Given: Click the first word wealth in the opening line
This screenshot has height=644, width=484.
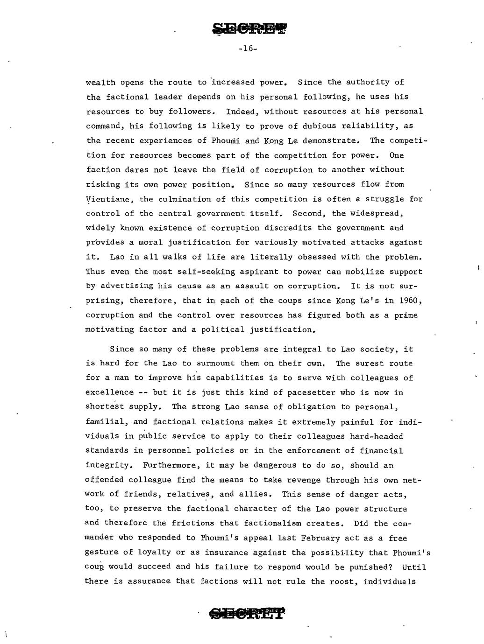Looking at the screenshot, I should [x=100, y=83].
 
